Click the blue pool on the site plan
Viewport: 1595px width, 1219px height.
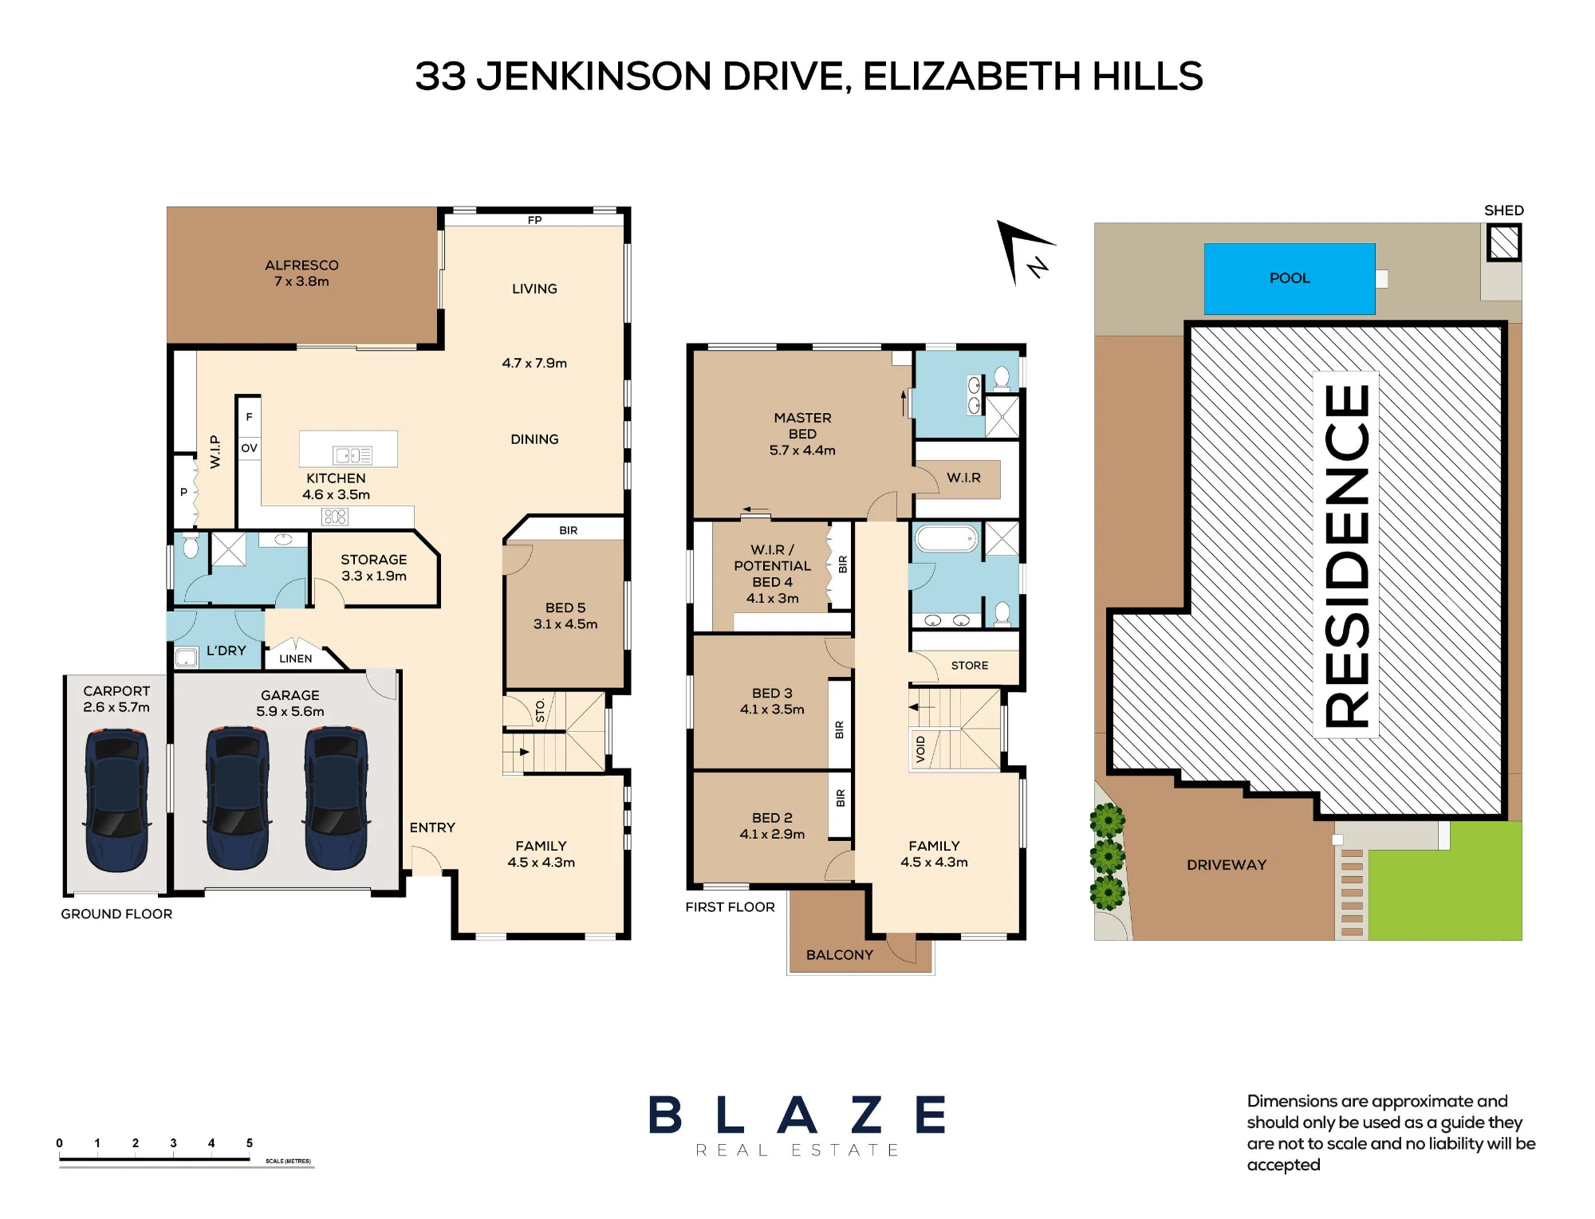1290,279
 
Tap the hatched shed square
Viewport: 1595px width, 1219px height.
1504,242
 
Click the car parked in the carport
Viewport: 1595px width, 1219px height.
116,799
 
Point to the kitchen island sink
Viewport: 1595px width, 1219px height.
352,455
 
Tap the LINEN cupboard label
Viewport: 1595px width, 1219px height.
296,659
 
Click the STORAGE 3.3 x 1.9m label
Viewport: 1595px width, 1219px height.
374,568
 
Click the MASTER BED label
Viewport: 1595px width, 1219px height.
802,426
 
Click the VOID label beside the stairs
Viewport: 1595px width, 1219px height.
920,749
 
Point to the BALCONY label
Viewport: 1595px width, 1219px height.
840,954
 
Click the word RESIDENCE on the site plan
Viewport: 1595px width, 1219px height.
1347,555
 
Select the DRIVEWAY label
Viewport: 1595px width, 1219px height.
1227,865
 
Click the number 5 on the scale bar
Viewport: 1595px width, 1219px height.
250,1142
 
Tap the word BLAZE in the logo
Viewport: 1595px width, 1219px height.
797,1115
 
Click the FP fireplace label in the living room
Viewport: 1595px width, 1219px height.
534,220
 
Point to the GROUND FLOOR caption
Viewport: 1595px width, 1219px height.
116,914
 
